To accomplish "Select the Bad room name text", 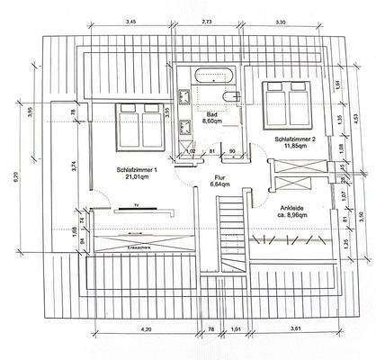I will (212, 116).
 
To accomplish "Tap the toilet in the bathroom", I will (231, 96).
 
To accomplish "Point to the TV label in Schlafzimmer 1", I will (133, 206).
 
